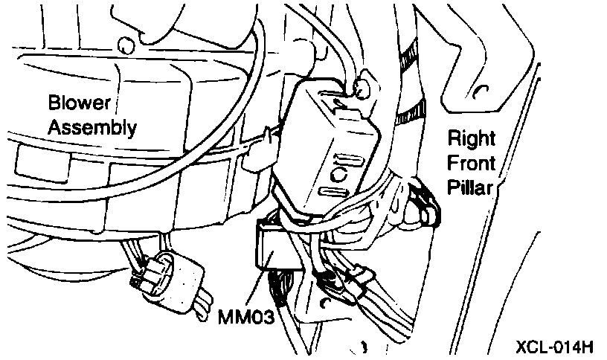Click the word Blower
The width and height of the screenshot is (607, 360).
pyautogui.click(x=74, y=102)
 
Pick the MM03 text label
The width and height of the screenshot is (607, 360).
pyautogui.click(x=246, y=316)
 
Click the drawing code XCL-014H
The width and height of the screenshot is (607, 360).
pyautogui.click(x=556, y=346)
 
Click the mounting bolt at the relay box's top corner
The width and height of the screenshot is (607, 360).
pyautogui.click(x=362, y=88)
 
